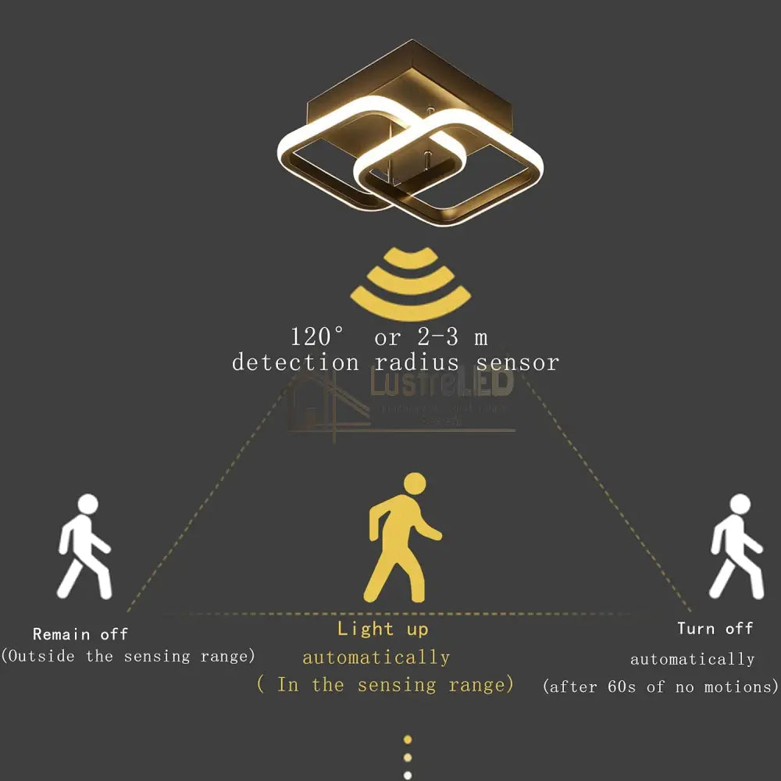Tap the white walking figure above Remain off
[84, 547]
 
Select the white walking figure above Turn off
[735, 547]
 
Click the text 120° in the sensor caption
[317, 337]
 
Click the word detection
[294, 362]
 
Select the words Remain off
[80, 634]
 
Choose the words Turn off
[715, 629]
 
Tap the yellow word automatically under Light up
[376, 658]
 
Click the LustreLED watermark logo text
[441, 384]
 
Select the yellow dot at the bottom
[407, 739]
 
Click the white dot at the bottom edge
[407, 775]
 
